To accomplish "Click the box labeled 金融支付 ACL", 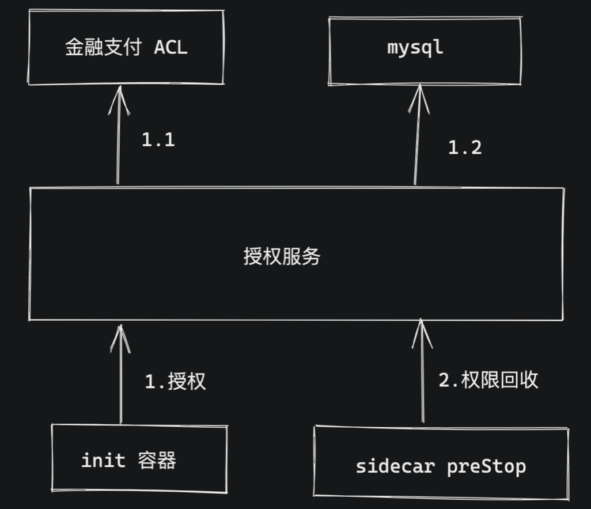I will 126,47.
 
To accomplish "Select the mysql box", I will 425,51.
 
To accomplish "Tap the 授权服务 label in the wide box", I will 282,256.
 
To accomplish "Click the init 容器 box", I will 139,458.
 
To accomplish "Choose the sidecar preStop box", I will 441,464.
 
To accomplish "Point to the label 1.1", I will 158,139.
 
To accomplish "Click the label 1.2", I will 465,148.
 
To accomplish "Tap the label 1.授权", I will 175,381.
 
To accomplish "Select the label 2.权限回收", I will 488,379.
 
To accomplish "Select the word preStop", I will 486,466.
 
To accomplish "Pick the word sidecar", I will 395,466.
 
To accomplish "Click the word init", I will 103,460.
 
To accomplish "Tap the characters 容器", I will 157,460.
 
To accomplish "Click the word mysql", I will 415,47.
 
